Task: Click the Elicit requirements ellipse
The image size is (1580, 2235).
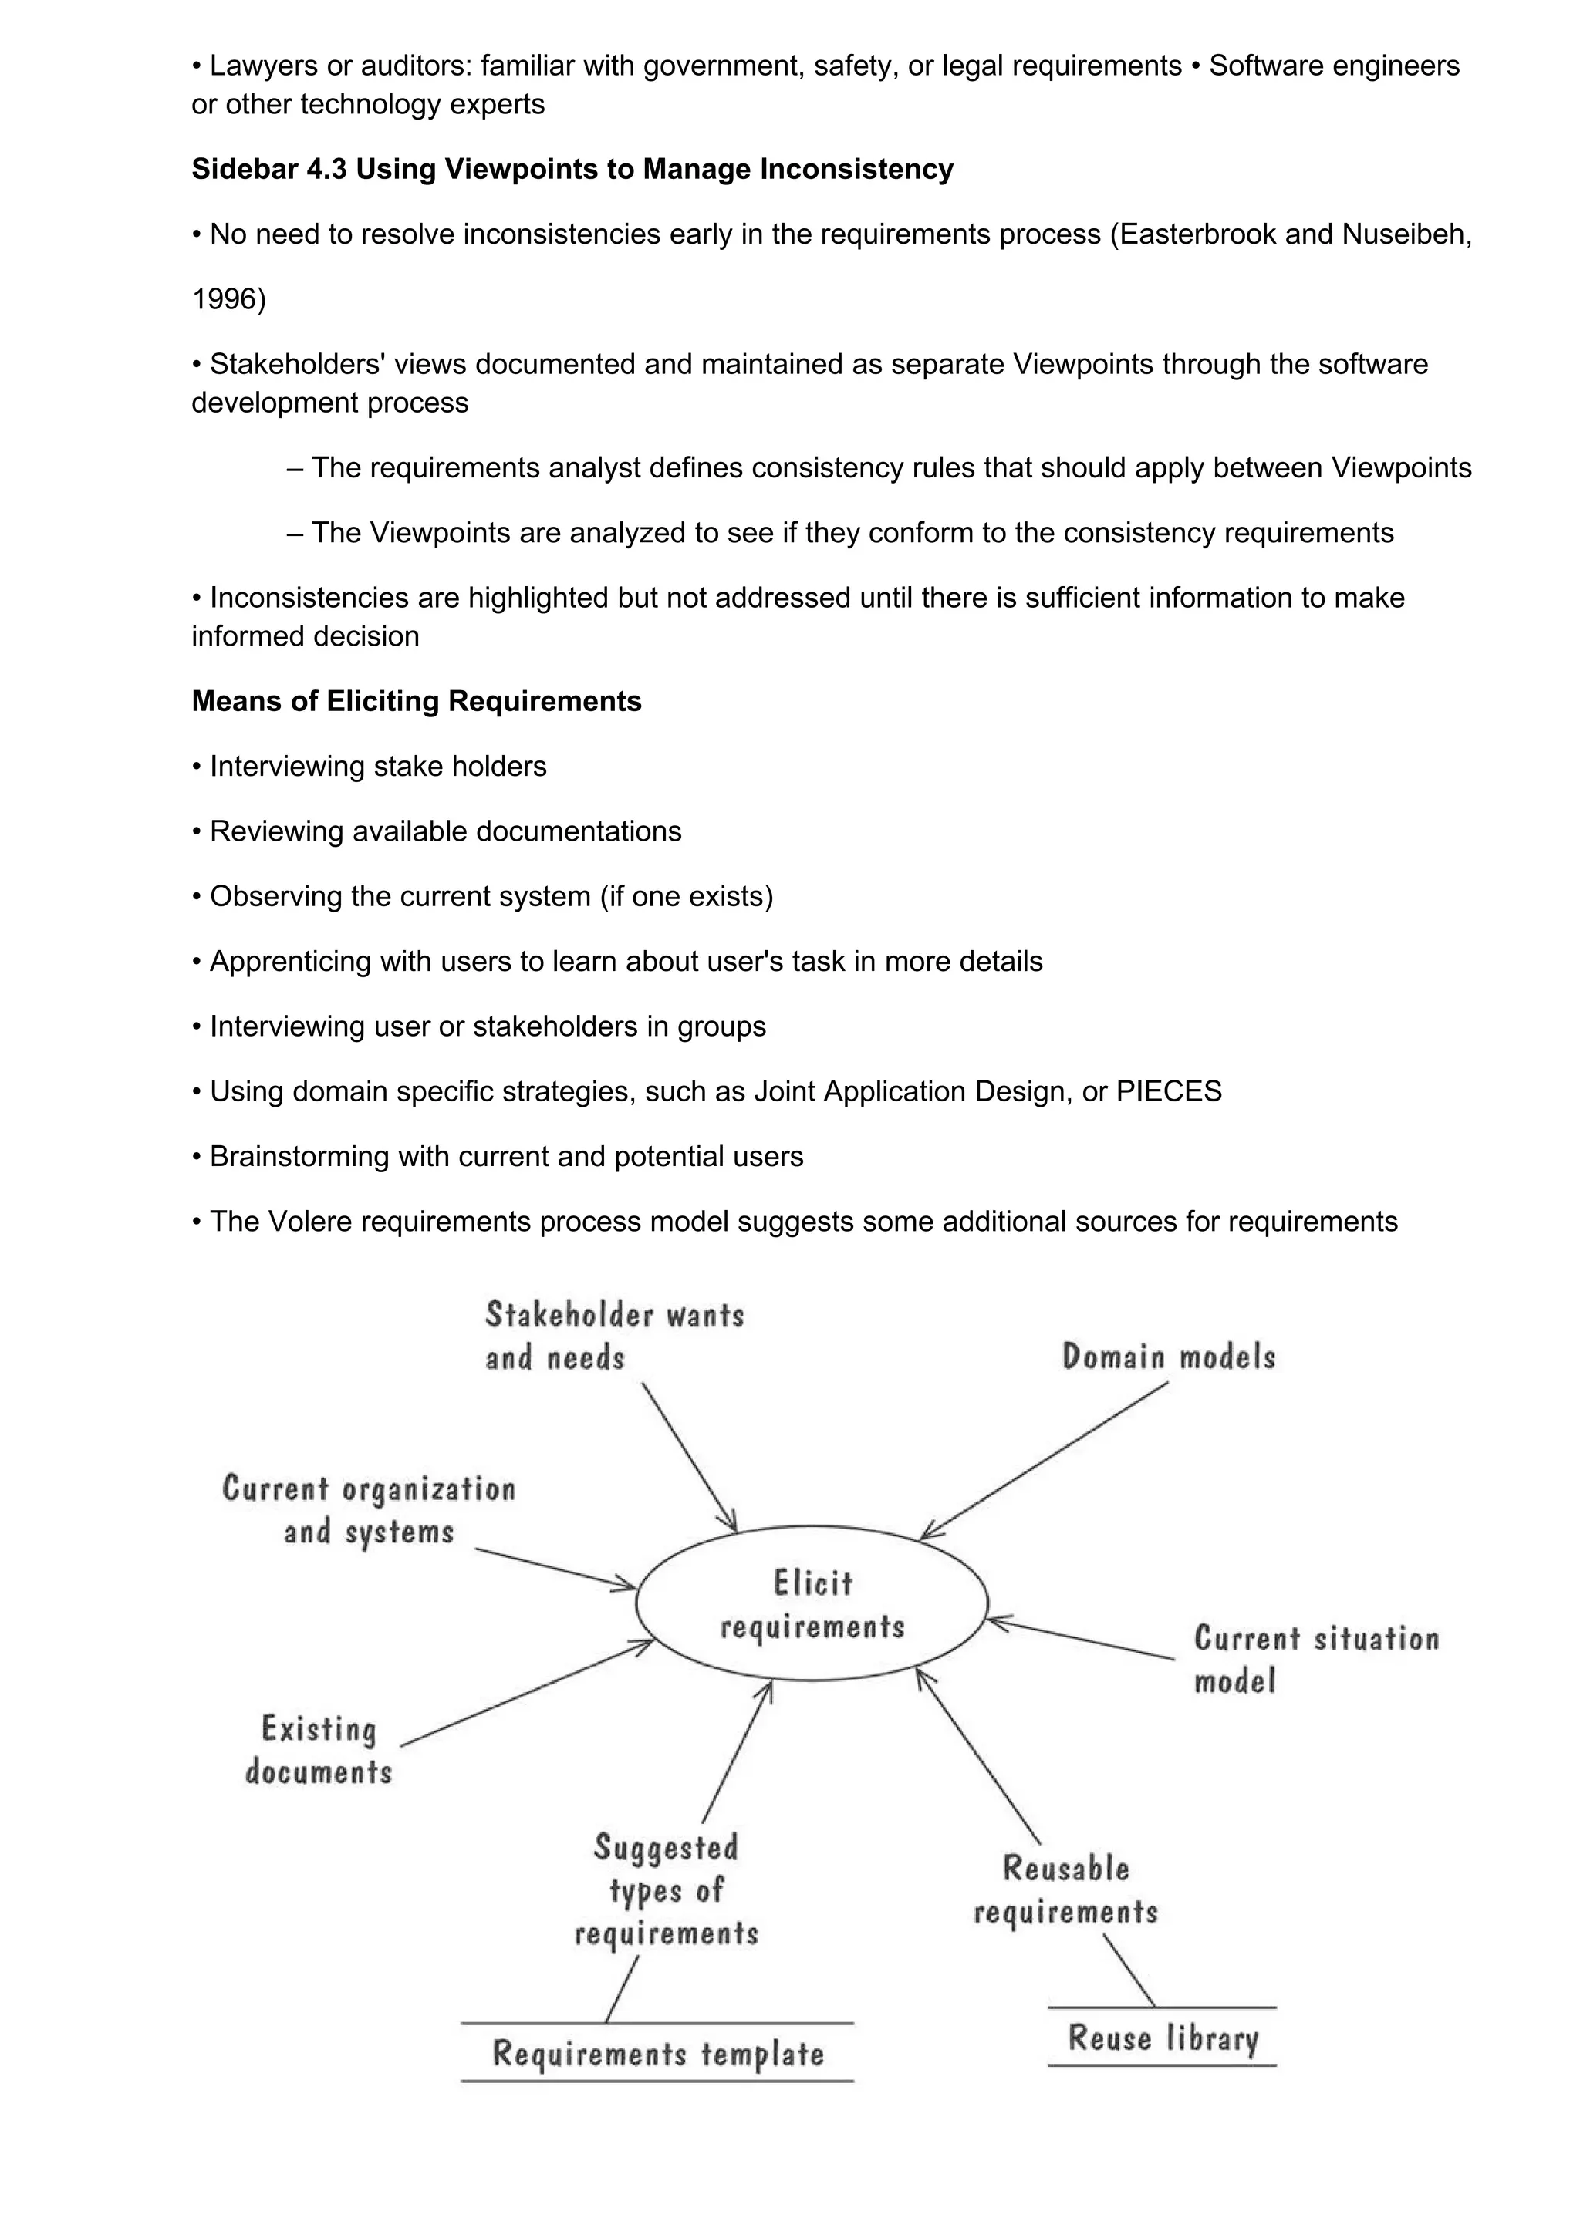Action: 812,1603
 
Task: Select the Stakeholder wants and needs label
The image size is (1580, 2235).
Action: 614,1336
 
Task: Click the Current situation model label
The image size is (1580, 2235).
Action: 1315,1659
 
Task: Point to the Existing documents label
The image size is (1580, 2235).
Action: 319,1749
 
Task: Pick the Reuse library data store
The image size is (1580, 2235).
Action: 1163,2038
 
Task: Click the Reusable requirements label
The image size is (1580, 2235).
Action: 1066,1889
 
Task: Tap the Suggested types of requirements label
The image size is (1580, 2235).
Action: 666,1889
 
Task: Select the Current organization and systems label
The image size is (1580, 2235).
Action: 369,1509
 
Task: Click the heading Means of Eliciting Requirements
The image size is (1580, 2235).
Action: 417,701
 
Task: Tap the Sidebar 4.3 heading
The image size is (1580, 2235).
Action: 572,170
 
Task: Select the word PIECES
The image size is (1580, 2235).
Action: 1168,1091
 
